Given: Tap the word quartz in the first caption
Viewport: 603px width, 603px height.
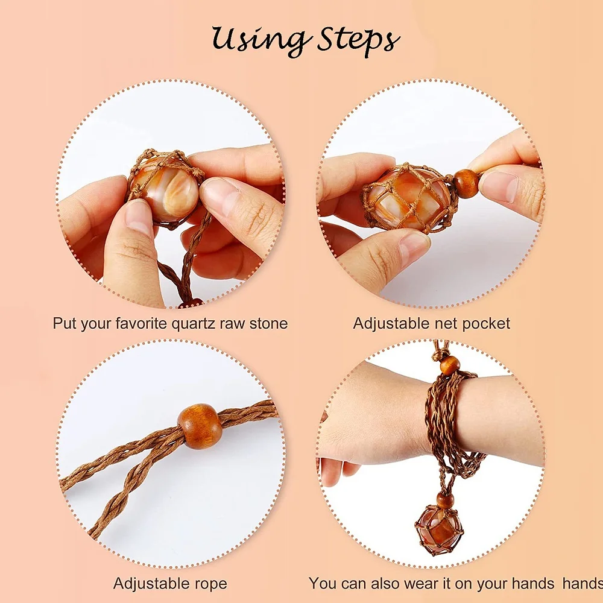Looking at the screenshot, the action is point(194,324).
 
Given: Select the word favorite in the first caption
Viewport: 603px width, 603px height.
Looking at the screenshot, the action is point(142,323).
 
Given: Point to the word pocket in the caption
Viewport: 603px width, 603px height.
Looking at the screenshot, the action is point(485,324).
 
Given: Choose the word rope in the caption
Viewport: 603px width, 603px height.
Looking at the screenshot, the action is point(210,584).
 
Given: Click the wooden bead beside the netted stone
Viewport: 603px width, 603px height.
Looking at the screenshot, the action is point(467,184).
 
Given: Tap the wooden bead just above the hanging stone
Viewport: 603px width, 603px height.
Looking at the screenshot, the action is point(445,500).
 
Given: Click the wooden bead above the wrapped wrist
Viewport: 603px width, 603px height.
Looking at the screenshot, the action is point(450,365).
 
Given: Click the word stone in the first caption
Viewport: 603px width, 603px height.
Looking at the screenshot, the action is point(268,323).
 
